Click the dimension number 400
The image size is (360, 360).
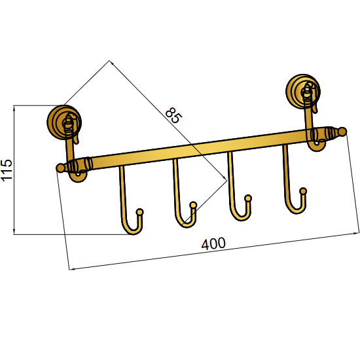tap(213, 244)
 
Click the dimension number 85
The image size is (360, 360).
tap(174, 115)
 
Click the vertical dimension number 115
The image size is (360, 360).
tap(7, 170)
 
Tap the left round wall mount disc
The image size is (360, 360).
tap(64, 122)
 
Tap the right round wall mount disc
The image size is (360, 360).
tap(303, 91)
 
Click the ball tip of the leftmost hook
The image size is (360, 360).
tap(139, 211)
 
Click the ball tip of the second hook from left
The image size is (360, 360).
tap(193, 205)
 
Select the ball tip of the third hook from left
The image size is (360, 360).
tap(248, 198)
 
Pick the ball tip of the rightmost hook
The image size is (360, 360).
tap(303, 191)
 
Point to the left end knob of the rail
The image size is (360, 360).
tap(60, 168)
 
